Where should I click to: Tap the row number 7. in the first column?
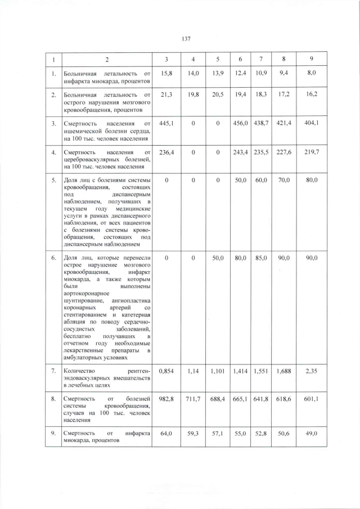53,371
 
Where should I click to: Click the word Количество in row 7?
80,371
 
